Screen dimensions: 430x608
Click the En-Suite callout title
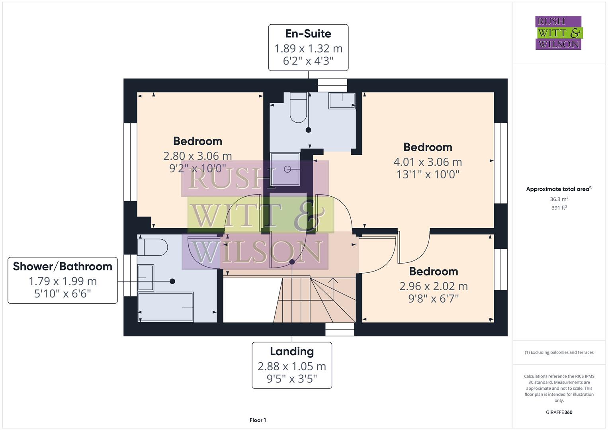pos(308,34)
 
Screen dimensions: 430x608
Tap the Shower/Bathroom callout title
pos(63,266)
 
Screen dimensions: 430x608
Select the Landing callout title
pos(292,352)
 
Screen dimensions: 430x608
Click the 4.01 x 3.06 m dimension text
pos(428,162)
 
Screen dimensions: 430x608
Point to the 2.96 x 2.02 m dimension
pos(433,286)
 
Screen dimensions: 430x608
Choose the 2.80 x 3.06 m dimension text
pos(197,156)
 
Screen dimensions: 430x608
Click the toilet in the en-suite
pos(298,107)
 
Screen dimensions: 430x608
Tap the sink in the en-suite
pos(342,101)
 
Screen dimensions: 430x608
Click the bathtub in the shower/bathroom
pos(165,307)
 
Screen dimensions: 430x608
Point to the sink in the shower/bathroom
pos(145,278)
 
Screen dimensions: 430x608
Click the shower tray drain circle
pos(287,169)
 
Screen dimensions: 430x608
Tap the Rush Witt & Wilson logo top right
pos(558,33)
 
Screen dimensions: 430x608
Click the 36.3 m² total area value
pos(559,199)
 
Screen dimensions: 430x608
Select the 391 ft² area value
pos(559,208)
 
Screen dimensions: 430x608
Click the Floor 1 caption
pos(258,420)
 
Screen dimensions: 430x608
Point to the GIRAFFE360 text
pos(559,412)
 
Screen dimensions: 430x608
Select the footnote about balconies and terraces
pos(559,352)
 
